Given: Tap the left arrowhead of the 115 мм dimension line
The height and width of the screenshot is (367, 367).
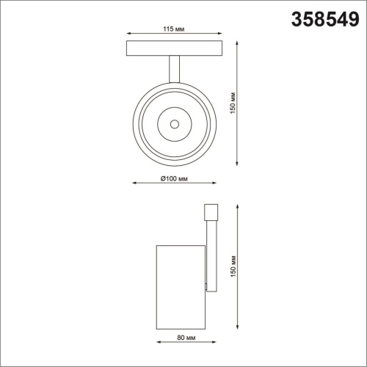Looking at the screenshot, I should (129, 34).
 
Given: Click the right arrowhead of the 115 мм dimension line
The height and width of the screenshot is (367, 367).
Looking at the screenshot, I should (218, 34).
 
